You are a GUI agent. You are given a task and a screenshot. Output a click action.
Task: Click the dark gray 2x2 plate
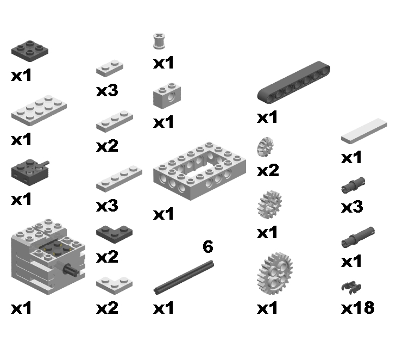point(30,51)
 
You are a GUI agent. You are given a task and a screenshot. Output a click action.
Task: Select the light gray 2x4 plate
point(39,110)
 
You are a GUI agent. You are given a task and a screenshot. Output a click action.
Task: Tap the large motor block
point(48,257)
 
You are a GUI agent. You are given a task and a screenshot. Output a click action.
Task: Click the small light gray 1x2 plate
point(110,69)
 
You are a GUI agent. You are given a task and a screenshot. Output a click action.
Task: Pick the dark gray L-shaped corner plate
point(114,234)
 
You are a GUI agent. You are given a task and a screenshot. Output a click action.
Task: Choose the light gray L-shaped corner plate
point(114,285)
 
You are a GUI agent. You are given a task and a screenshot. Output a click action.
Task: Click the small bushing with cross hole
point(159,41)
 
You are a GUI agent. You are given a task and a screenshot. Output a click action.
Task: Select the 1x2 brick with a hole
point(167,96)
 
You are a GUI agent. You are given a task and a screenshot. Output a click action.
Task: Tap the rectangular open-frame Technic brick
point(199,171)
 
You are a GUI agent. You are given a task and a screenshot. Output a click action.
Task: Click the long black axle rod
point(184,277)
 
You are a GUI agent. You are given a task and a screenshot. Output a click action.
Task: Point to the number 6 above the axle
point(208,247)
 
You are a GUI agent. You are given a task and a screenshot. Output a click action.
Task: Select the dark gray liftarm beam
point(294,82)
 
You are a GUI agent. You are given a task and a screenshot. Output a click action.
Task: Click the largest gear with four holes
point(275,274)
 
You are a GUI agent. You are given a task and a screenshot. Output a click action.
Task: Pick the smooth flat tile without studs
point(364,131)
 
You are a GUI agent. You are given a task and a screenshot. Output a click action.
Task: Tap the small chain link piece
point(351,288)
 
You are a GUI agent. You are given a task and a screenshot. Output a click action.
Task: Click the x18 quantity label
point(357,308)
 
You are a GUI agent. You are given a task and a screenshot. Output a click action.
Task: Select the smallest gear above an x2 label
point(265,147)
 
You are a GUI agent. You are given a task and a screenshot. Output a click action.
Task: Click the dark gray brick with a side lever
point(30,172)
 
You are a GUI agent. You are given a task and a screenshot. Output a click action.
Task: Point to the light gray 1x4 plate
point(119,179)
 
